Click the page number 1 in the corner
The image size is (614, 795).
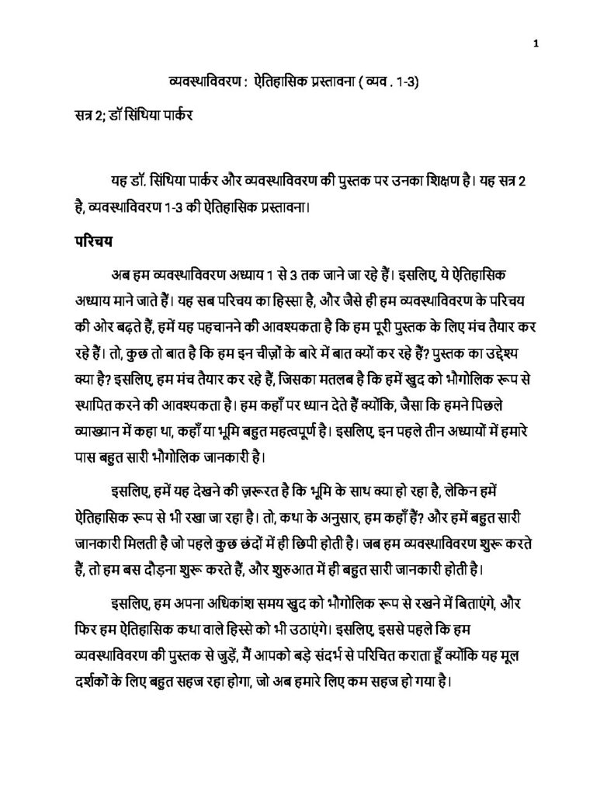[x=536, y=43]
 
